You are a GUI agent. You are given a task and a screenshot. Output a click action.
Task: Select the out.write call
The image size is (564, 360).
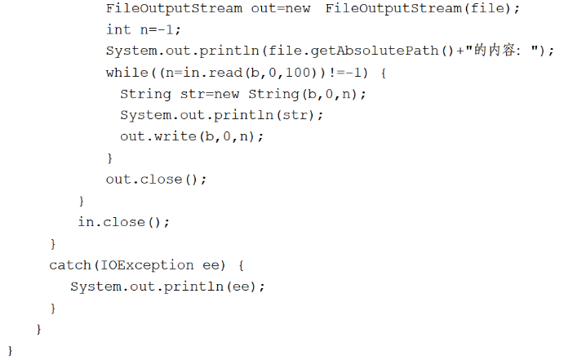[192, 136]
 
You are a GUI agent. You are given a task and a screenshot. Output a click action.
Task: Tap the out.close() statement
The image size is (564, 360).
[156, 179]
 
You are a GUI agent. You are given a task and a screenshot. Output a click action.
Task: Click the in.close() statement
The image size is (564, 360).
[123, 222]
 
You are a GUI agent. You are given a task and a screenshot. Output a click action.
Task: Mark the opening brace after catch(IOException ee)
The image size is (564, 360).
[242, 265]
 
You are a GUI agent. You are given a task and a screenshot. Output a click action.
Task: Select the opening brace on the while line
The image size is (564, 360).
[384, 73]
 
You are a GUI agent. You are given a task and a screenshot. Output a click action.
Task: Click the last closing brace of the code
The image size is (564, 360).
[11, 350]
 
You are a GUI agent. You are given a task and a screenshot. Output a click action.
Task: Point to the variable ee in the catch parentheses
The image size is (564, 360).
[210, 265]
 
